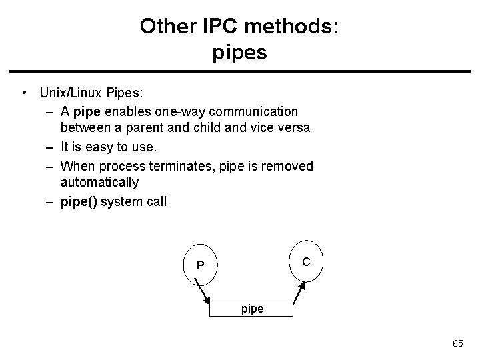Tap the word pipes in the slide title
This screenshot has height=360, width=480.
(x=240, y=52)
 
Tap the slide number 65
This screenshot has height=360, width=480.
(x=458, y=343)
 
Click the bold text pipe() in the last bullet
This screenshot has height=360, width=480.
(x=78, y=201)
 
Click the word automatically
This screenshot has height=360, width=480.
(x=99, y=183)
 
